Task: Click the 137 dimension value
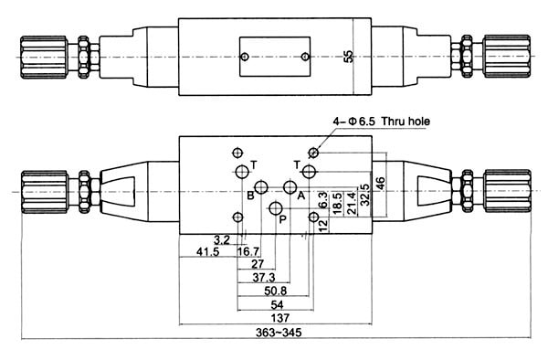click(280, 318)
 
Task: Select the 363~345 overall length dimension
click(279, 332)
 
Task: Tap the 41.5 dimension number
click(207, 251)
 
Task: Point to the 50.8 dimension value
click(276, 291)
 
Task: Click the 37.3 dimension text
click(264, 278)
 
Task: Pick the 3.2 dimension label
click(222, 240)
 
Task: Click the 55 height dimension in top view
click(349, 57)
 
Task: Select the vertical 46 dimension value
click(380, 184)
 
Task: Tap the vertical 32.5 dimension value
click(364, 195)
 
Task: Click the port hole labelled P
click(276, 208)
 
